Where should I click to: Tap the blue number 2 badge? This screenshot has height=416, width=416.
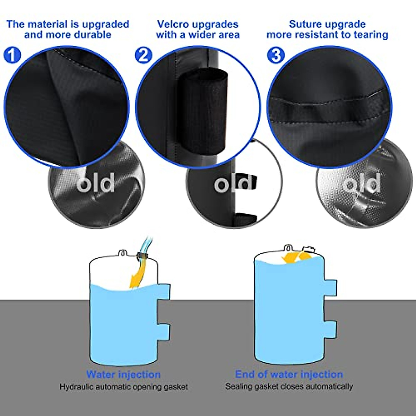(143, 55)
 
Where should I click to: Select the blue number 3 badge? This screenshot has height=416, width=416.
(276, 55)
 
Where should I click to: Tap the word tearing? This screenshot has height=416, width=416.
(371, 35)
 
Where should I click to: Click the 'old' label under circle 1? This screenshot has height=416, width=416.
(96, 184)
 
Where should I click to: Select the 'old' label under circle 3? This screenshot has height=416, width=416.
(363, 184)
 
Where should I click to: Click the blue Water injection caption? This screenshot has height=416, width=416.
(123, 375)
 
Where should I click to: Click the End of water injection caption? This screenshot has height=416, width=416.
(289, 375)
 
